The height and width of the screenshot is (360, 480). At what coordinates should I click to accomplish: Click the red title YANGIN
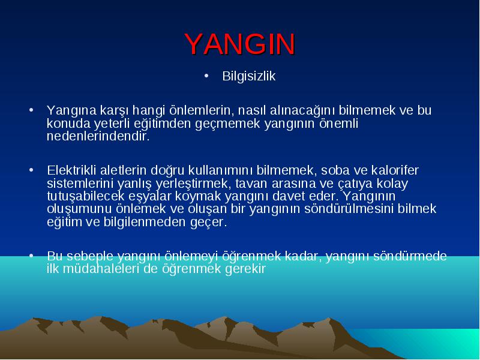240,44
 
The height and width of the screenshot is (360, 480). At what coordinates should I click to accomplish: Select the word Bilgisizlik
249,76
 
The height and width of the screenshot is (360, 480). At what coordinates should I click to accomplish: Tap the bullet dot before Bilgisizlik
206,76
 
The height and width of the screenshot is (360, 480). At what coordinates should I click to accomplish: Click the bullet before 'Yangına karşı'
31,110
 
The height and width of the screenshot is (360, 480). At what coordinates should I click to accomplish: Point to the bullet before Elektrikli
31,170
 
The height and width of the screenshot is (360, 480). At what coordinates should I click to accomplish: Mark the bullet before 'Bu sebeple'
31,256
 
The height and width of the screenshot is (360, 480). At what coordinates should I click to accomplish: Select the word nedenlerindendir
98,136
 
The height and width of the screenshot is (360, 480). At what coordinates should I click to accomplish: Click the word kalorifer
395,170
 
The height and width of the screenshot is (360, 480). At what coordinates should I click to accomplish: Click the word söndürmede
410,256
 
